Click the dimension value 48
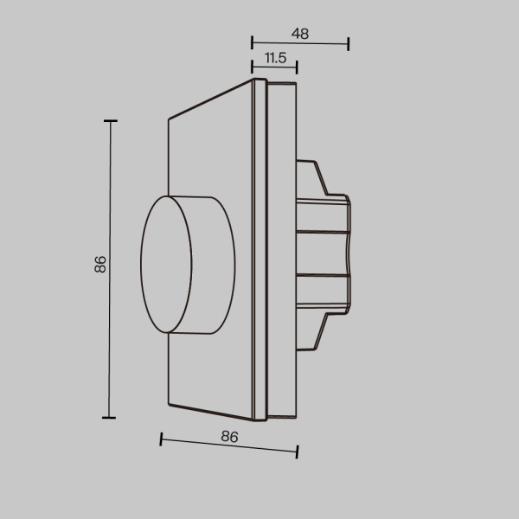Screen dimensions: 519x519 [300, 34]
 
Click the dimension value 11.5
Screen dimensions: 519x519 [275, 58]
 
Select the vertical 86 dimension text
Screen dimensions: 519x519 [100, 265]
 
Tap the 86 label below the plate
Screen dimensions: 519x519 [229, 437]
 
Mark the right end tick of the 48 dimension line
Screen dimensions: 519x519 [349, 44]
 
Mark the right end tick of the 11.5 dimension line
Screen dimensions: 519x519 [297, 67]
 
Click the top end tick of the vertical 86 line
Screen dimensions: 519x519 [110, 122]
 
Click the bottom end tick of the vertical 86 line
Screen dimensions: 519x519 [110, 418]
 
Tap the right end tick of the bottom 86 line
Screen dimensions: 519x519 [298, 451]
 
